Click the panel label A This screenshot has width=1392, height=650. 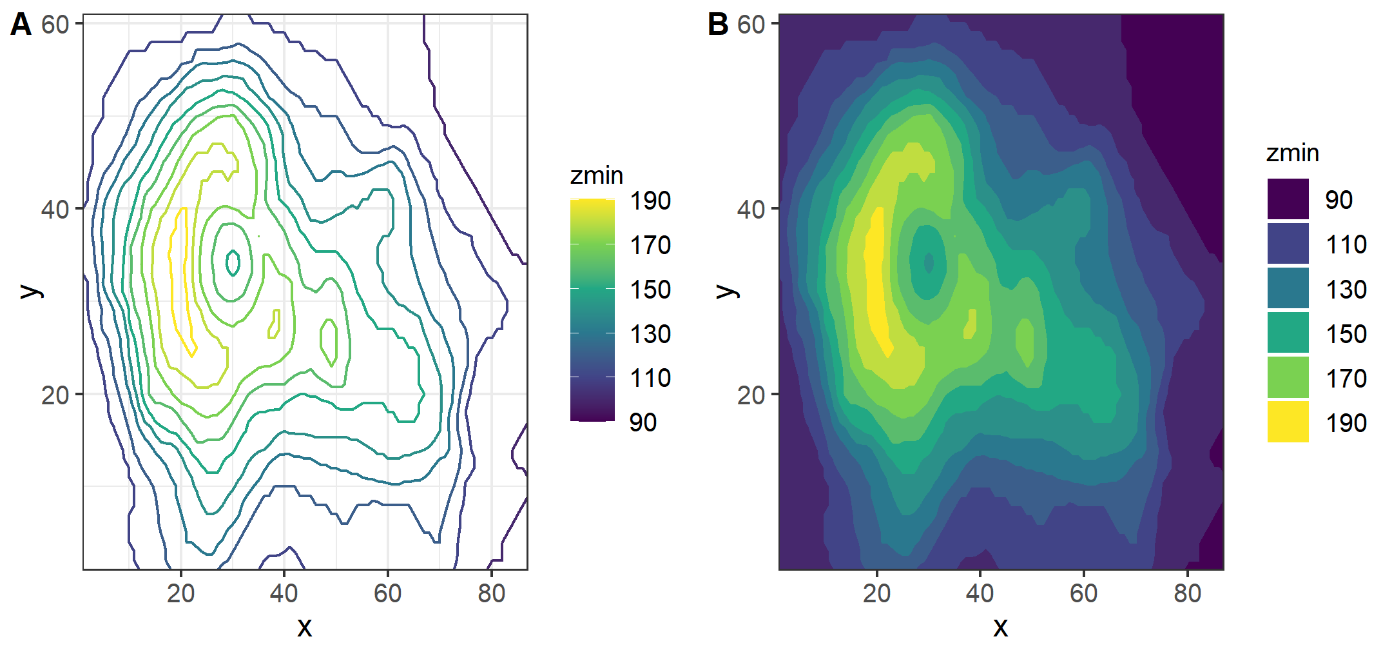(21, 25)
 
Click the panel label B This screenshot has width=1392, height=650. (717, 25)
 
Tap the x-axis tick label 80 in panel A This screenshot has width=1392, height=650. (491, 593)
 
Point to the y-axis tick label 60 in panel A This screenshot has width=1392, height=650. (55, 25)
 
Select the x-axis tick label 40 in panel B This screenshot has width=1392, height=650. (980, 593)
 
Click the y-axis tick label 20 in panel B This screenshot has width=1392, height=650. (751, 395)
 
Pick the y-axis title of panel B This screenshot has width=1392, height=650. (727, 291)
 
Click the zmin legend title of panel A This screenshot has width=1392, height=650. (597, 175)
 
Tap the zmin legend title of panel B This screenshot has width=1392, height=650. (1293, 153)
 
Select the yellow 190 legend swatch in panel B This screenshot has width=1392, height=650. (1288, 422)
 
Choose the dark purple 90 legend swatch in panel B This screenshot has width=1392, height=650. (1288, 199)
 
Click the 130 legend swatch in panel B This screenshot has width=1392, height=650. (1288, 288)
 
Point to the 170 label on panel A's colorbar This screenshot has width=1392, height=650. (650, 245)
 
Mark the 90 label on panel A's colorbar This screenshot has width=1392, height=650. (643, 422)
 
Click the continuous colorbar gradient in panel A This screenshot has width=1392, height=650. (592, 310)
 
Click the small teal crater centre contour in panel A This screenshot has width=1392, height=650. (233, 262)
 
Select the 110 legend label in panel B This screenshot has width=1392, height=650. (1346, 244)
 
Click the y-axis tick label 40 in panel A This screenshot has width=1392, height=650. (55, 210)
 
